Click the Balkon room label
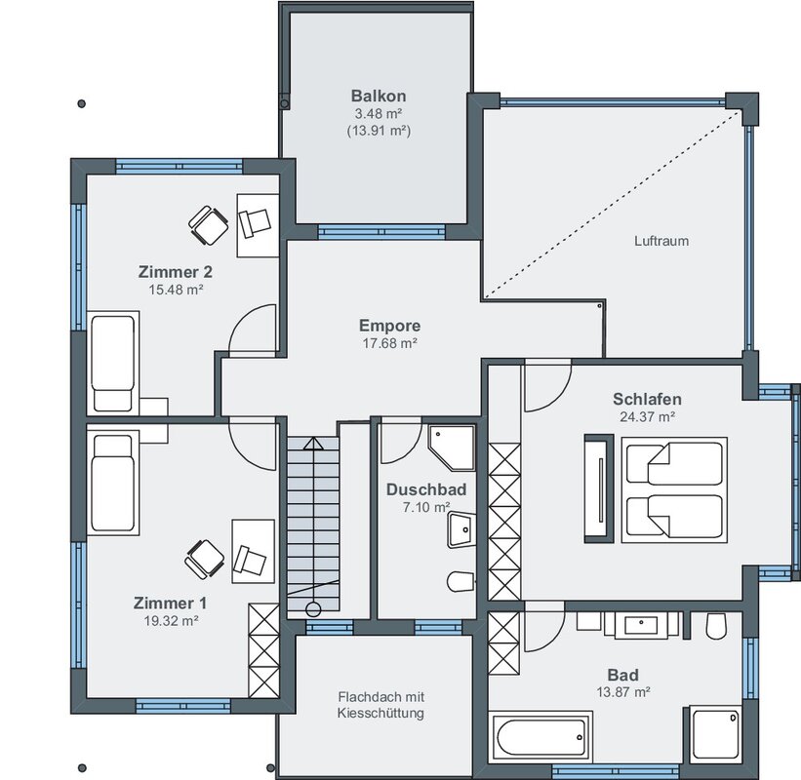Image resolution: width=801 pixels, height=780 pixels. point(379,96)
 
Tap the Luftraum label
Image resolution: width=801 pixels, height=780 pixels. point(661,241)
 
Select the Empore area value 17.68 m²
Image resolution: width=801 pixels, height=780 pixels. point(390,343)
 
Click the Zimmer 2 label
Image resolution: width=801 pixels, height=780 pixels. point(176,272)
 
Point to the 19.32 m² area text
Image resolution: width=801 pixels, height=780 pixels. point(171,621)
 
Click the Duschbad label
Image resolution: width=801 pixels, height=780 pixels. point(426,489)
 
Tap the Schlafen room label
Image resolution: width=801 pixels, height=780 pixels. point(647,399)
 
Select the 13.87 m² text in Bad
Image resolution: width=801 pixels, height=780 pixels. point(623,692)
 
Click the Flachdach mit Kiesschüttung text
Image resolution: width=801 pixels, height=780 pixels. point(381,705)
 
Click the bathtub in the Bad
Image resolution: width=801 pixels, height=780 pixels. point(541,736)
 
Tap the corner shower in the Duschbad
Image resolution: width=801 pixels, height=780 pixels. point(452,448)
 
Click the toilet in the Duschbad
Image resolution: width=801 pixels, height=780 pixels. point(461,581)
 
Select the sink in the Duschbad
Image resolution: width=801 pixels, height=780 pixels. point(461,529)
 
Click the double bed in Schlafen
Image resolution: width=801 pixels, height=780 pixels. point(674,489)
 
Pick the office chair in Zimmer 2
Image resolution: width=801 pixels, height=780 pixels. point(209,225)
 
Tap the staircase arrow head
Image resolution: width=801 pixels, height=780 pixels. point(313,443)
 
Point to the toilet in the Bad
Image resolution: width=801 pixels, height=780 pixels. point(716,626)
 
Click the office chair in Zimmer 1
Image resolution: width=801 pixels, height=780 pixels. point(205,560)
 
